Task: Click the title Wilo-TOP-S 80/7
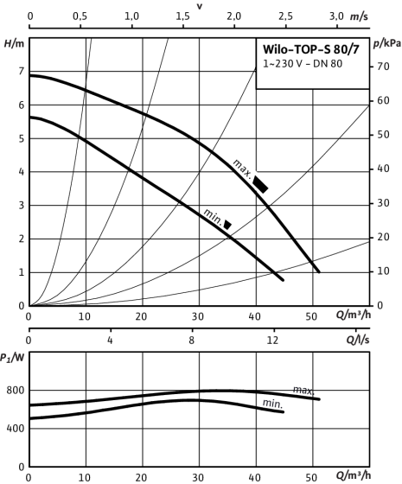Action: click(x=311, y=49)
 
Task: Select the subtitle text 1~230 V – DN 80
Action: click(x=303, y=64)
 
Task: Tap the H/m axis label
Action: click(x=14, y=44)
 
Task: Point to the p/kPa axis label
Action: click(x=387, y=44)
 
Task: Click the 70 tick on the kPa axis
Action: click(x=383, y=67)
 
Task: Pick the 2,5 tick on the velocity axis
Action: click(x=285, y=16)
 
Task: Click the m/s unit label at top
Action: click(x=359, y=16)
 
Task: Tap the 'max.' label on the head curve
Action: click(x=243, y=168)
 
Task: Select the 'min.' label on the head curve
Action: click(x=213, y=217)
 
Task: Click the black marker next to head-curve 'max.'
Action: click(x=260, y=184)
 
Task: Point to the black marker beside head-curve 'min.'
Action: click(x=227, y=225)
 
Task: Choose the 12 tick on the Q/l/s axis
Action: click(x=272, y=341)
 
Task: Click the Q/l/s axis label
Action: click(x=358, y=340)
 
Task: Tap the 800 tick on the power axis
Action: click(x=16, y=391)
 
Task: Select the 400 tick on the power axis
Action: click(x=16, y=429)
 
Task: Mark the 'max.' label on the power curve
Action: click(x=303, y=390)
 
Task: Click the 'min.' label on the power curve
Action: click(x=272, y=404)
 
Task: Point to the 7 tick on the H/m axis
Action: click(x=21, y=71)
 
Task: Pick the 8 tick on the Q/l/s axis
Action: click(x=192, y=341)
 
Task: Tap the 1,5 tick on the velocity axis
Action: click(x=182, y=16)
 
